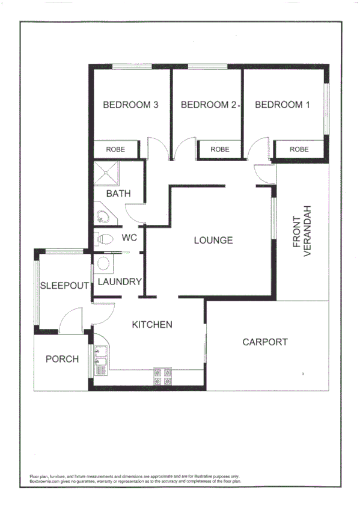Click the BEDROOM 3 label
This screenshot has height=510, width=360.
click(130, 105)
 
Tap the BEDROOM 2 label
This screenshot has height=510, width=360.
click(208, 105)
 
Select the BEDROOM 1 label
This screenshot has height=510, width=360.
click(282, 105)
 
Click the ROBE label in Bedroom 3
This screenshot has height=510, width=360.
click(115, 149)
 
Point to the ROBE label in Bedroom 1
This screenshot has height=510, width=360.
click(299, 149)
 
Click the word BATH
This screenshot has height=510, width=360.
click(118, 194)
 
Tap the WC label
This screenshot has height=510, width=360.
click(129, 238)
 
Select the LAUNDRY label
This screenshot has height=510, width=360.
click(119, 281)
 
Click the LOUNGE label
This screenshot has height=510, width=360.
click(213, 241)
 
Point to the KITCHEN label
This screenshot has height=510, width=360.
click(152, 325)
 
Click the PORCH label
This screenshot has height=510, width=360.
click(62, 359)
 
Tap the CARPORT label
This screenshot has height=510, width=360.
click(264, 342)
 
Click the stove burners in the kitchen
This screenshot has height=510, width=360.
click(163, 376)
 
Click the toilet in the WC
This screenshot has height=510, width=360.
click(105, 239)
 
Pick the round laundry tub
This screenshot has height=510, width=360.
click(103, 264)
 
